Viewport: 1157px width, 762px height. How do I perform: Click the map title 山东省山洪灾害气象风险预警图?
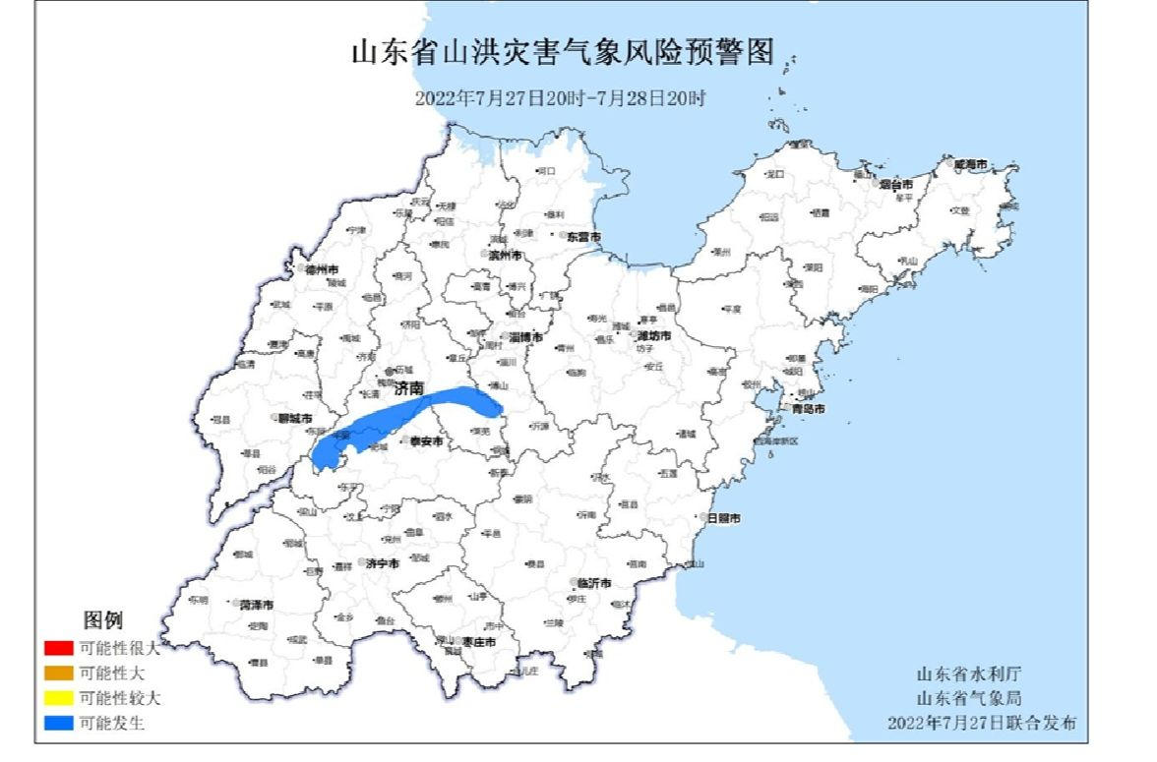tap(562, 52)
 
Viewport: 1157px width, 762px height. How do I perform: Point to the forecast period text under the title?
tap(560, 97)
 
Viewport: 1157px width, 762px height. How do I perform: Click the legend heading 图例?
tap(102, 620)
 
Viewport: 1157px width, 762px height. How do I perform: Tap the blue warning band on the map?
tap(413, 418)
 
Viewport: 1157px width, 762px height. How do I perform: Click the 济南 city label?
tap(408, 390)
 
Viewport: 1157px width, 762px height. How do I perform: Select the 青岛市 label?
tap(808, 408)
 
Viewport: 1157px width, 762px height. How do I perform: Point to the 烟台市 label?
tap(896, 184)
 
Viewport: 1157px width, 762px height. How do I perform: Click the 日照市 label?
tap(724, 518)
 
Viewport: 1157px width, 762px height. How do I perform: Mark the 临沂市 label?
tap(594, 582)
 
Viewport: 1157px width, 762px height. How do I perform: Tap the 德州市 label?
tap(322, 268)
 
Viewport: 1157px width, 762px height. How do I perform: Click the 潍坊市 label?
tap(653, 335)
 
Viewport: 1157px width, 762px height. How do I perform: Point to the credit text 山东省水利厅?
tap(969, 674)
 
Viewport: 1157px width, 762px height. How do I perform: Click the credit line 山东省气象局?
tap(969, 698)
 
